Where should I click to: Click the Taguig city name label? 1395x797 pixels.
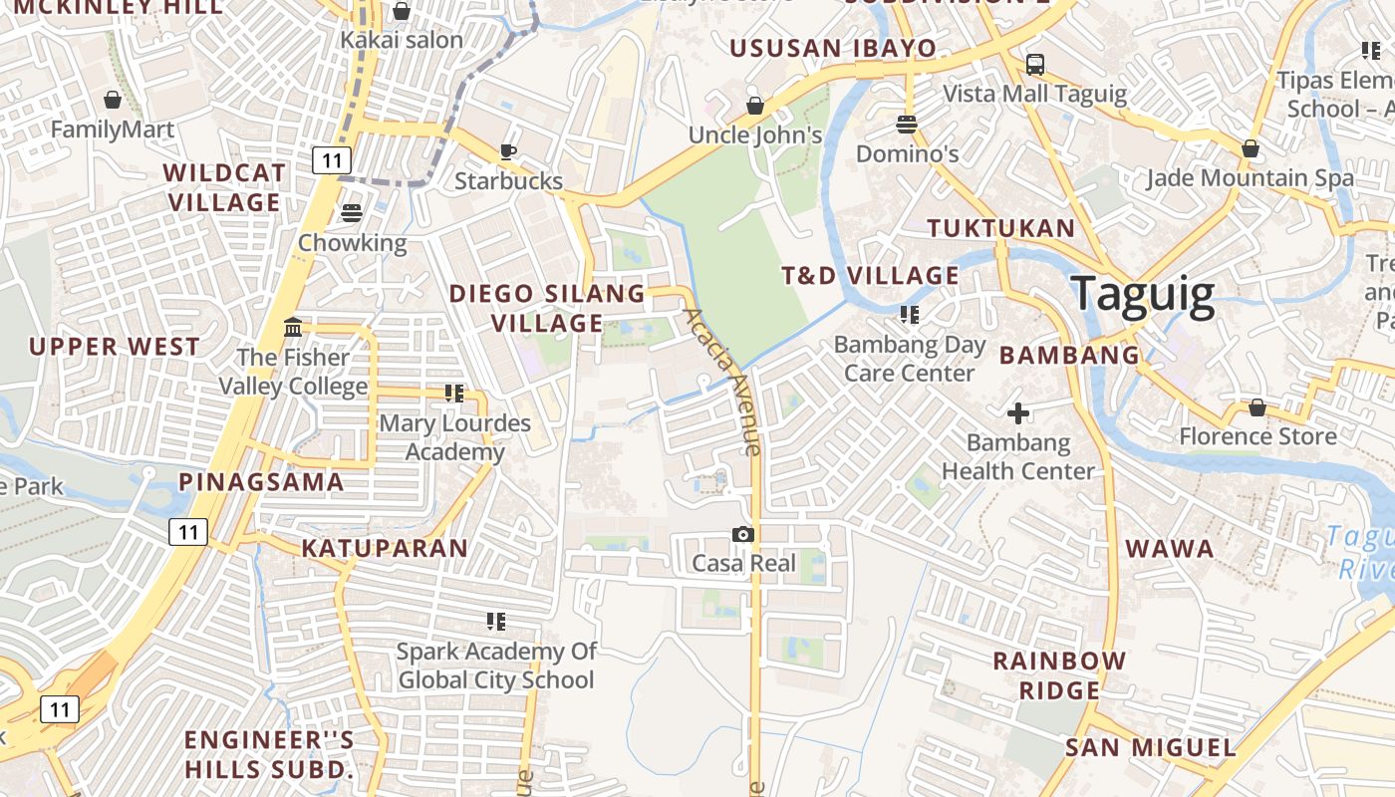(x=1142, y=296)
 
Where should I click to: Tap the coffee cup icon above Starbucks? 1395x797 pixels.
(x=508, y=151)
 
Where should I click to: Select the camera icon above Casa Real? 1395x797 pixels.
(x=742, y=535)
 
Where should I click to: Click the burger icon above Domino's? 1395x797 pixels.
(x=907, y=125)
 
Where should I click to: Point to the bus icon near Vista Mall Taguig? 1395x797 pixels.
(x=1035, y=65)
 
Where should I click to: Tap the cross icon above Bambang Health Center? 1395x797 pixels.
(x=1017, y=412)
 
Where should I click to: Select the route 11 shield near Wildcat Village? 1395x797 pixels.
(x=331, y=159)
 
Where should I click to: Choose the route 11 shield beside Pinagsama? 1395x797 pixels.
(x=188, y=532)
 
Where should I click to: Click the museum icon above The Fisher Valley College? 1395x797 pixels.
(x=293, y=327)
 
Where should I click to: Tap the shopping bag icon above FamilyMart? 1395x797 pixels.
(x=113, y=100)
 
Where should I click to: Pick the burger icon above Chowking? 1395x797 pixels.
(x=352, y=213)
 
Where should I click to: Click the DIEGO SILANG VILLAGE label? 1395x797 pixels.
(x=547, y=308)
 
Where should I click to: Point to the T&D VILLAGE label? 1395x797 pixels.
(x=870, y=276)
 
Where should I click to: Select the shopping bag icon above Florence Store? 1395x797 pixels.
(x=1257, y=407)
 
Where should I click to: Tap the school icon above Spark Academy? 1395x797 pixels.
(x=495, y=622)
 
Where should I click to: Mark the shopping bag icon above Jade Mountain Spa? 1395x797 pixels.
(x=1250, y=149)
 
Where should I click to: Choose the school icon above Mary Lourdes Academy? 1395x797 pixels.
(x=454, y=394)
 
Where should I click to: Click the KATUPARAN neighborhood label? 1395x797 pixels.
(x=385, y=548)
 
